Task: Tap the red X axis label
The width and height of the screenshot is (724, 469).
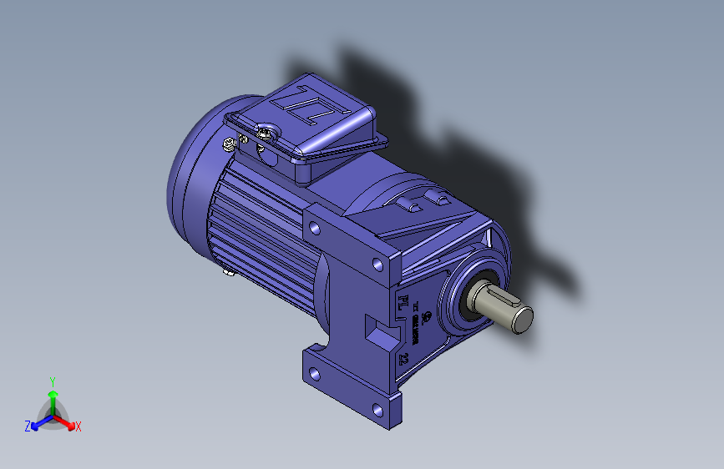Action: (78, 427)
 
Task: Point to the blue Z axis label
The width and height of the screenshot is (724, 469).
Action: (28, 426)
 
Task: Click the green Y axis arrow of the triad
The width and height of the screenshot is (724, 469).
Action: (52, 395)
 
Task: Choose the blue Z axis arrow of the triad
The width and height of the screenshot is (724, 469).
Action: (38, 422)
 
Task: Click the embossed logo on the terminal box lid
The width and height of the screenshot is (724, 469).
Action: (317, 109)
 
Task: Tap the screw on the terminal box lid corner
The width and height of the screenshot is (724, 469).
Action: (266, 132)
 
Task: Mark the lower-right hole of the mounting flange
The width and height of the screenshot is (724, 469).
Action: (379, 411)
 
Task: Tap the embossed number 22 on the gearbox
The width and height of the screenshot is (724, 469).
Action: (403, 360)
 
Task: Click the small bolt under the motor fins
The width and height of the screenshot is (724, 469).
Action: (226, 270)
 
